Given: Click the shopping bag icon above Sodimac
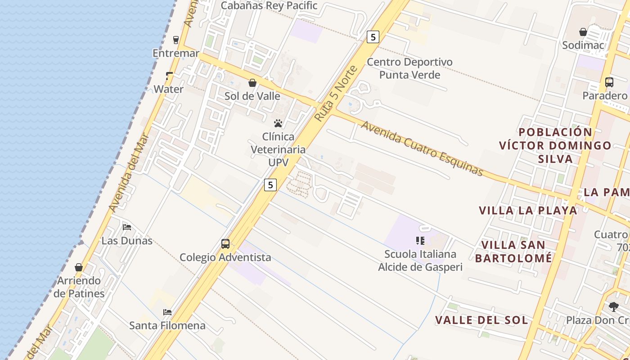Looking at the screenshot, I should (x=583, y=32).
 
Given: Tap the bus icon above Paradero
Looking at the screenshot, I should (x=609, y=82).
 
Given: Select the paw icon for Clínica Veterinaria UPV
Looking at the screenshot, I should (x=278, y=123).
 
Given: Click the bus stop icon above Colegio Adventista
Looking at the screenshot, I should (x=225, y=244).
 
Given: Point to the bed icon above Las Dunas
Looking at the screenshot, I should (x=127, y=227).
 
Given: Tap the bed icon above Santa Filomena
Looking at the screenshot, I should (x=167, y=312).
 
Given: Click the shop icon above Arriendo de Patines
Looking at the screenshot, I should (x=79, y=268).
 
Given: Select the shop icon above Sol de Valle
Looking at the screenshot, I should (x=252, y=83).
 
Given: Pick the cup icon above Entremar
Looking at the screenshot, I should (x=176, y=40).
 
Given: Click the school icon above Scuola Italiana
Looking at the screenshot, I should (x=420, y=241).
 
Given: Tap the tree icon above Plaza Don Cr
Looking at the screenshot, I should (x=614, y=307).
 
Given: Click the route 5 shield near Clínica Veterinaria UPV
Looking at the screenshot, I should (x=270, y=184).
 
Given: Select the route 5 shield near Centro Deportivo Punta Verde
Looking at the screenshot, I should (x=373, y=36).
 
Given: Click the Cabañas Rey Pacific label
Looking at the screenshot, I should (x=269, y=6).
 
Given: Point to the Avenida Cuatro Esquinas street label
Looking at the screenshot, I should (x=422, y=148).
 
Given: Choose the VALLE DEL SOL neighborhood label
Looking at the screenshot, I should (x=481, y=320).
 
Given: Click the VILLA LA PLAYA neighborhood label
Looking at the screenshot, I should (x=528, y=211).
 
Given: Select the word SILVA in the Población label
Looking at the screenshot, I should (x=555, y=159).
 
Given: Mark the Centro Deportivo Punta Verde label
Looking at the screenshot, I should (x=409, y=68).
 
